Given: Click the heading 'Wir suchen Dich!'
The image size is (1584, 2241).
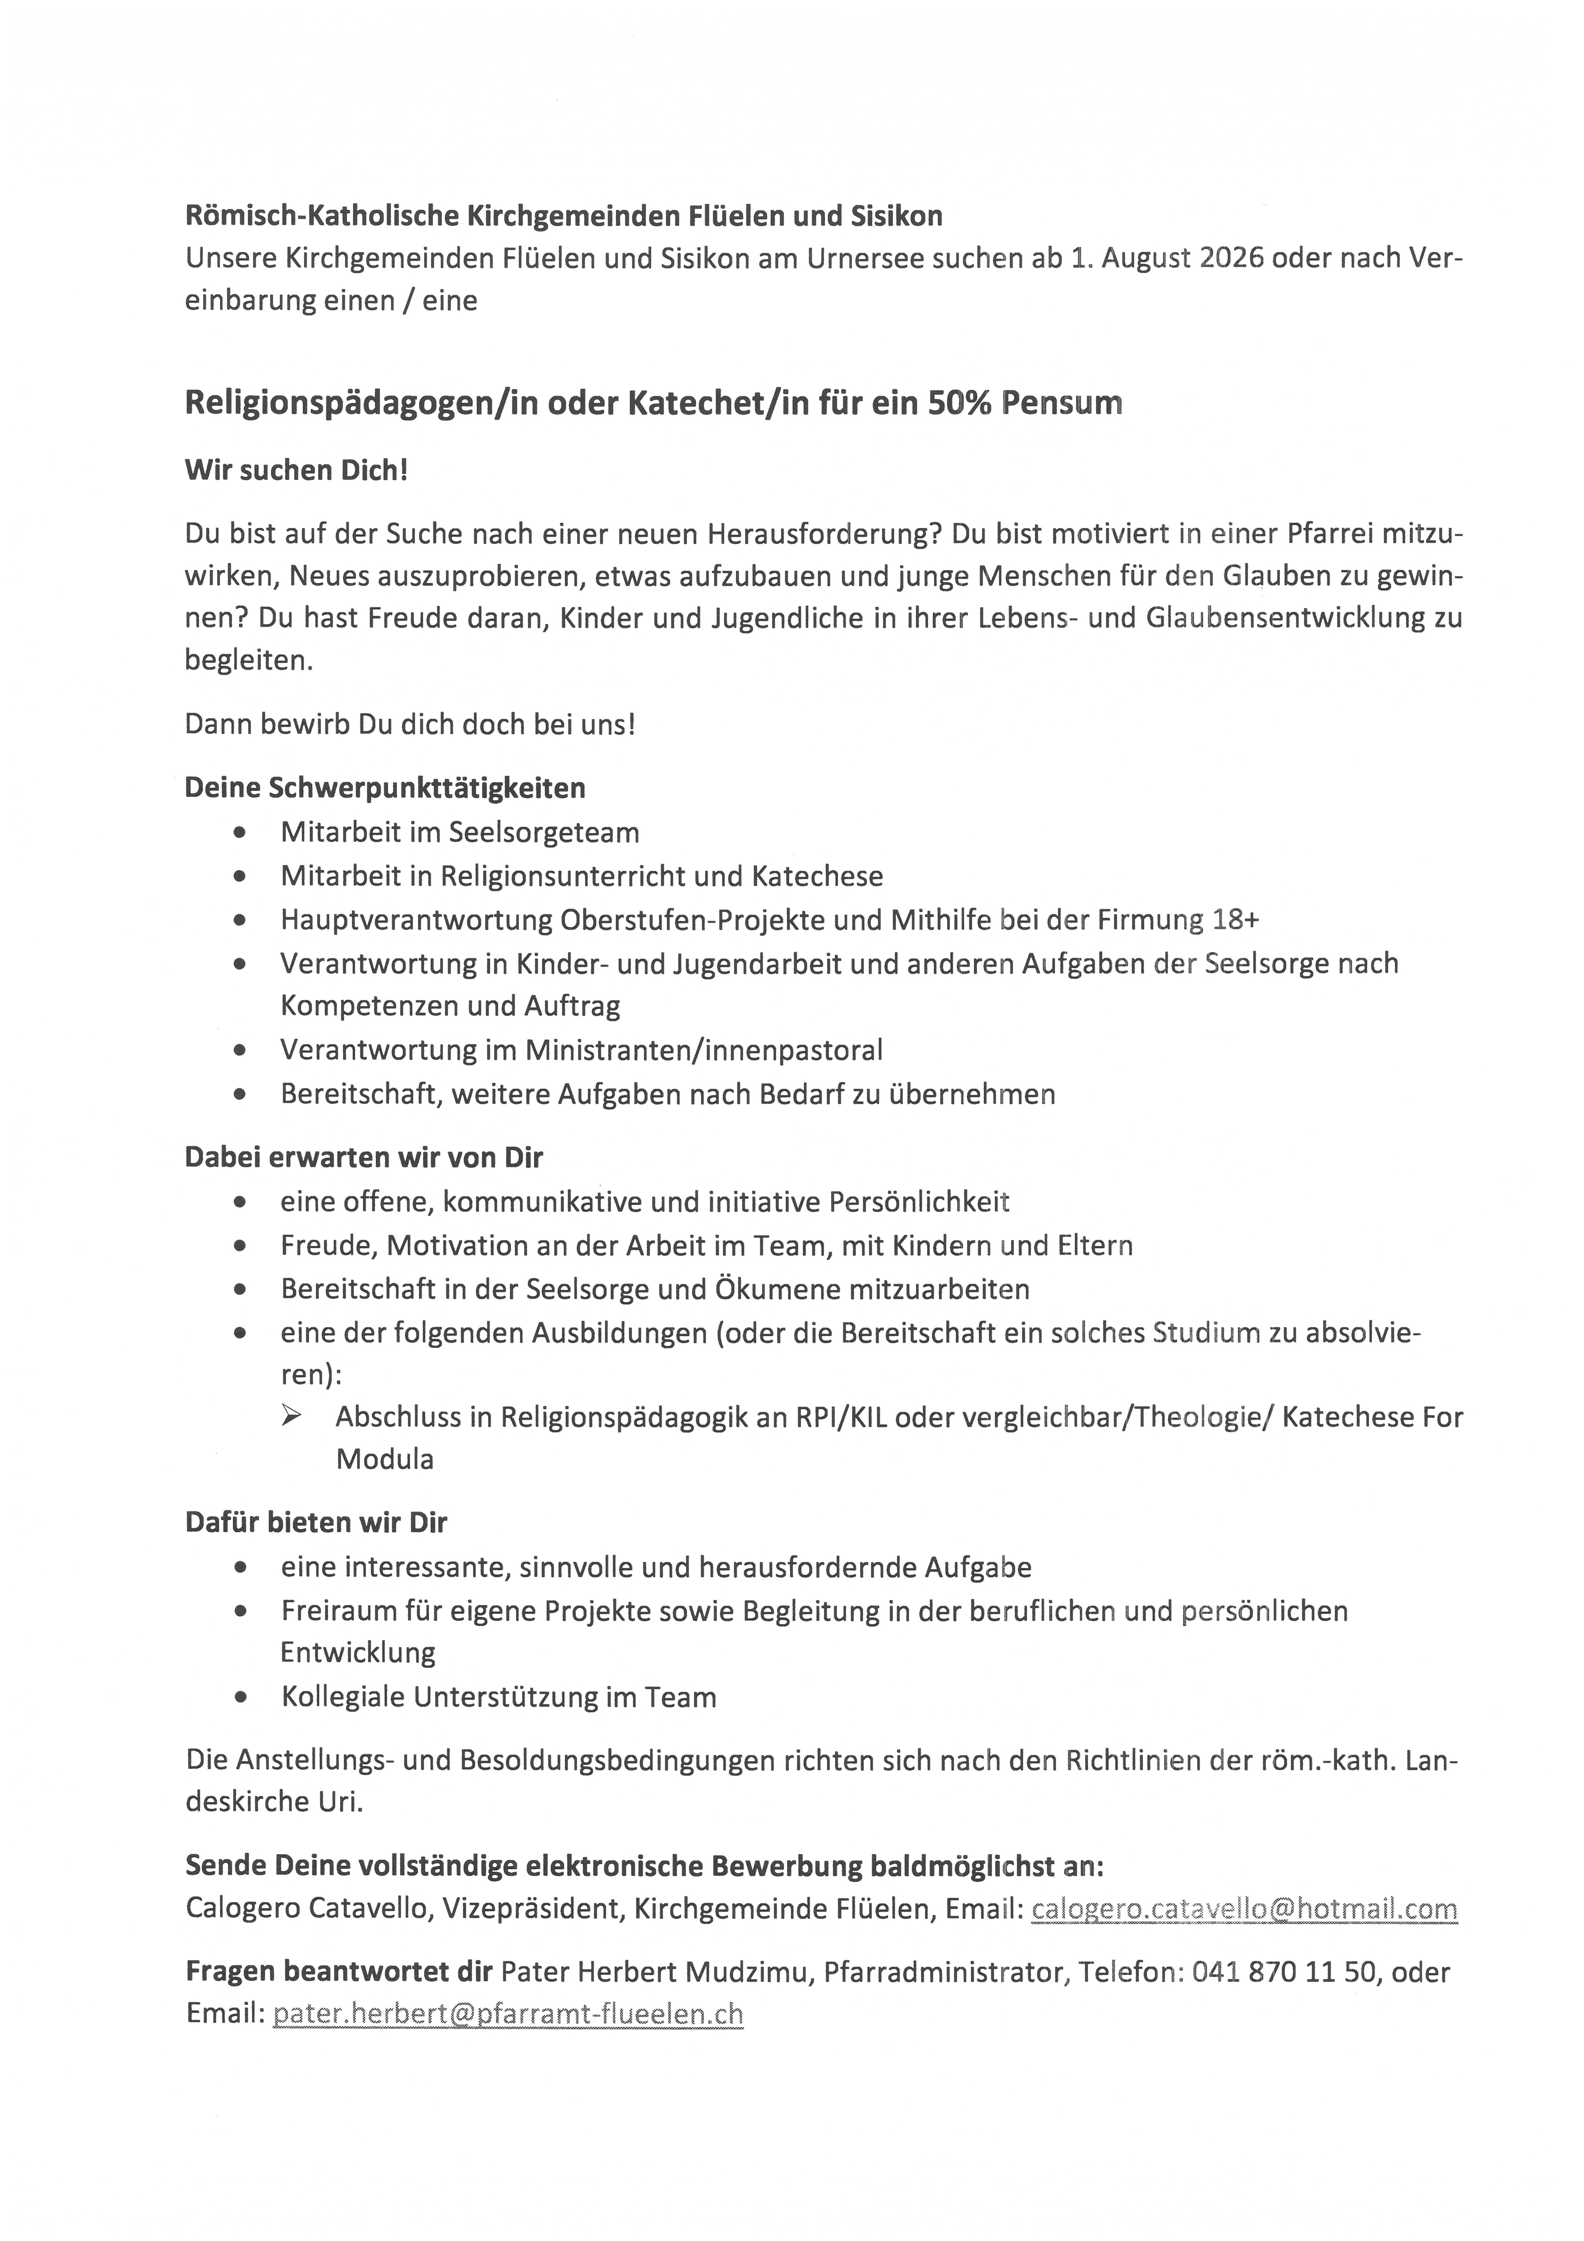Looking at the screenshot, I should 296,471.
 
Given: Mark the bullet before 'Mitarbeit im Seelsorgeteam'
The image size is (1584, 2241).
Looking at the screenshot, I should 240,833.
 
